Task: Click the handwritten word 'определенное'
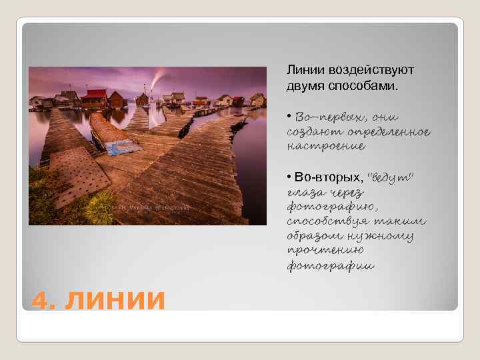click(x=393, y=131)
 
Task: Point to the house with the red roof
click(x=94, y=98)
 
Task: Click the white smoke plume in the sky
click(x=157, y=78)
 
